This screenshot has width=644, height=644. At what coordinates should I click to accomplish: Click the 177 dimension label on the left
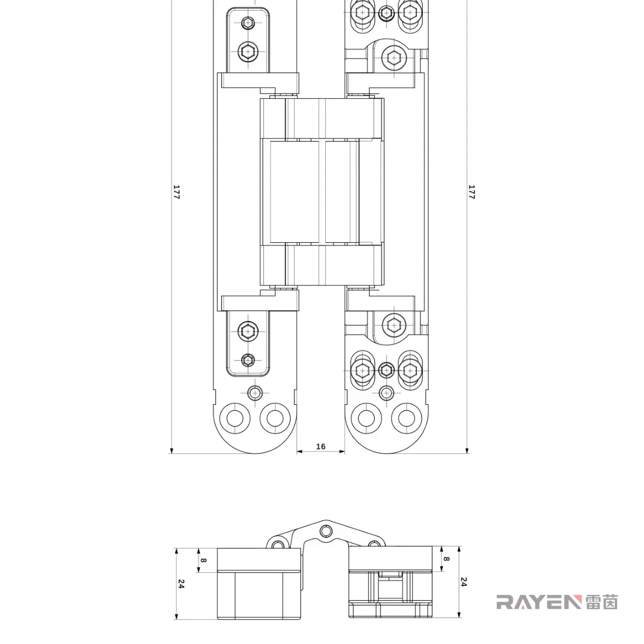pos(176,192)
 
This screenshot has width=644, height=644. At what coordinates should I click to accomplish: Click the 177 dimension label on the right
pos(471,192)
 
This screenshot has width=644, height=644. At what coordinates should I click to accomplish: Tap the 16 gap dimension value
pos(320,447)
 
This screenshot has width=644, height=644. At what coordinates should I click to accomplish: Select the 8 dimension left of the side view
pos(204,560)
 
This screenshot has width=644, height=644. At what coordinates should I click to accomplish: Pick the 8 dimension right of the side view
pos(446,559)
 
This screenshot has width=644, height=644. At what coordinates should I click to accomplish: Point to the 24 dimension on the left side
pos(181,584)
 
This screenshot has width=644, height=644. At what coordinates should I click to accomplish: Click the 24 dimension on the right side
pos(463,582)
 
